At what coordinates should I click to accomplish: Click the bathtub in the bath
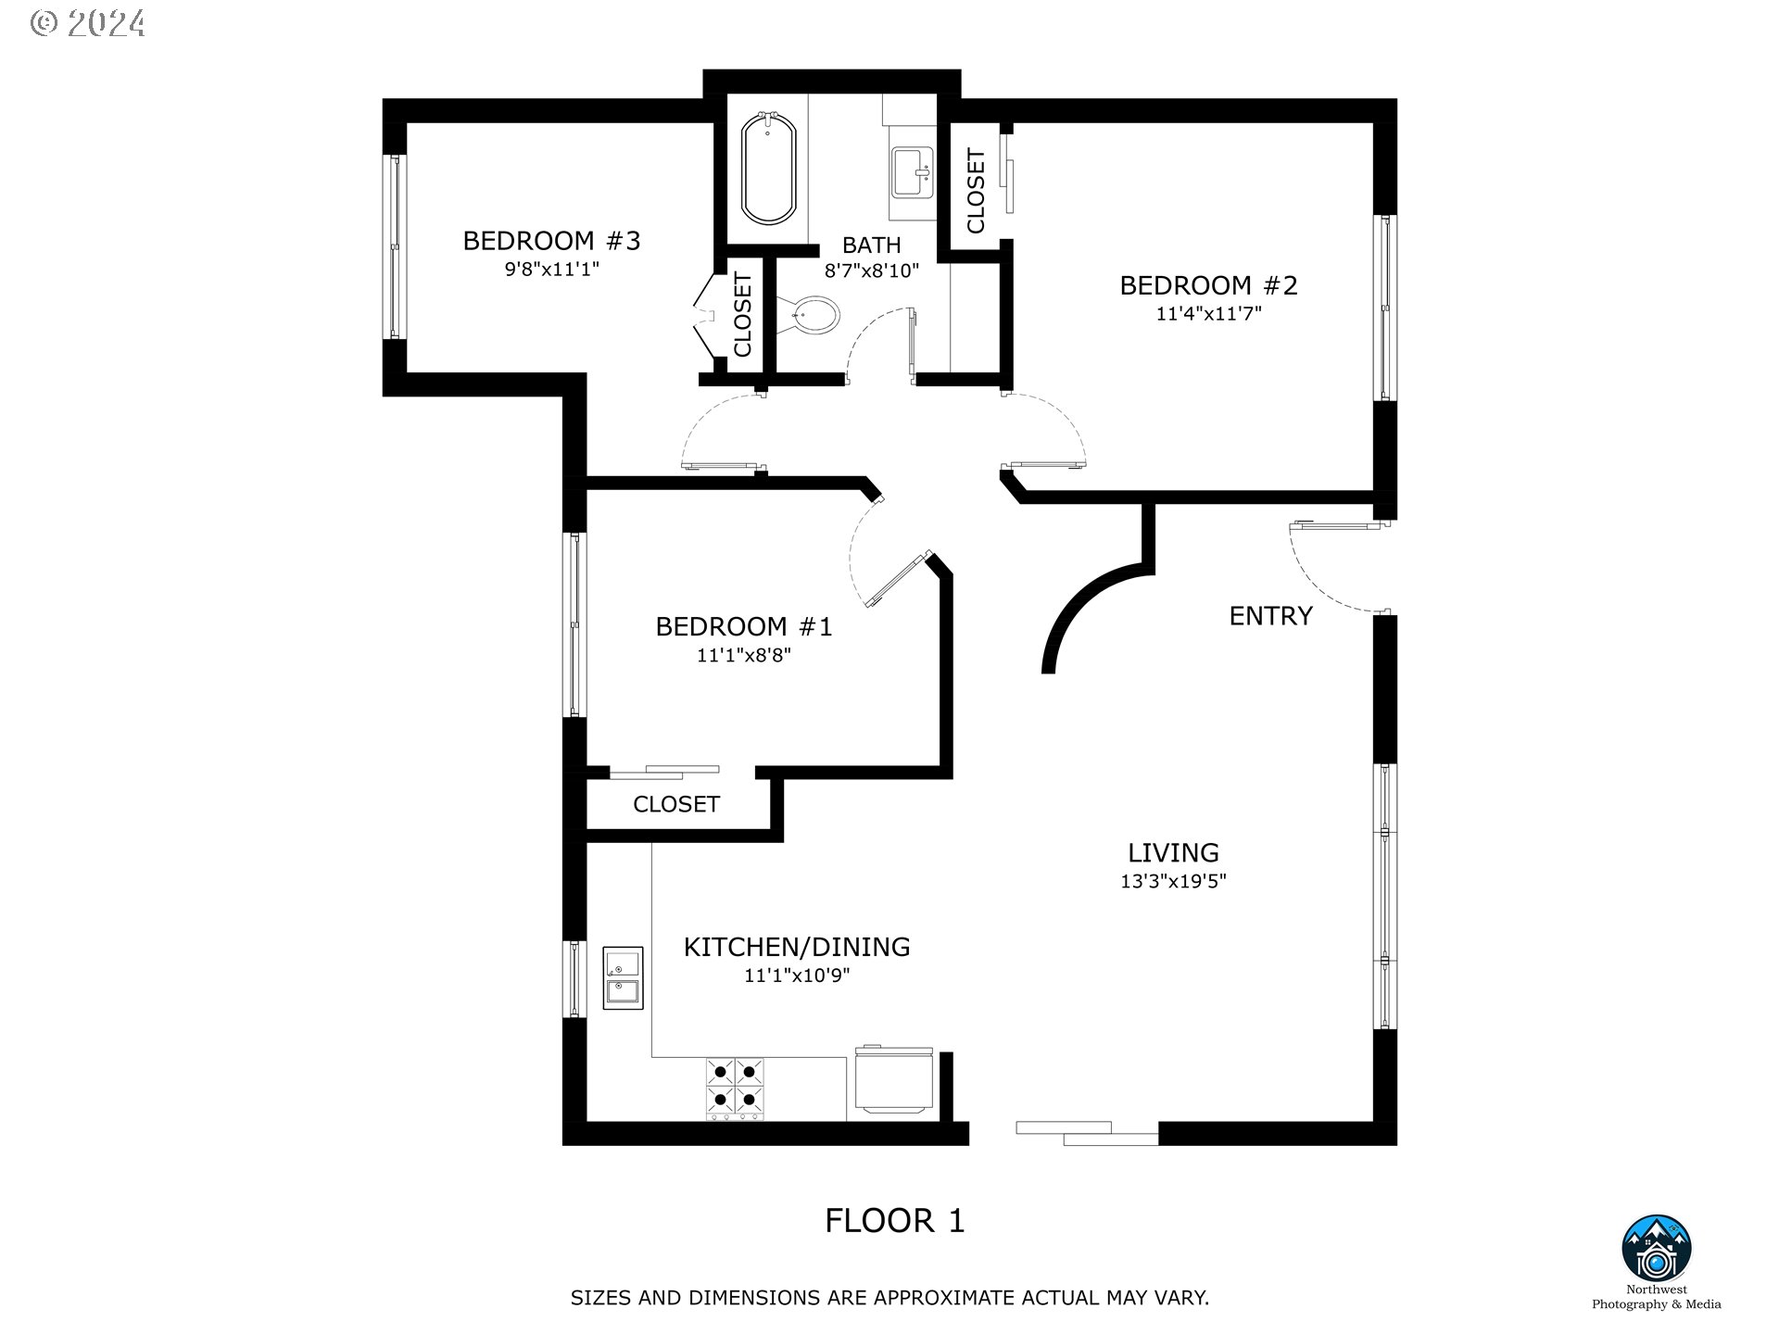[768, 168]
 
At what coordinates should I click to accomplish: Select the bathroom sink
[915, 172]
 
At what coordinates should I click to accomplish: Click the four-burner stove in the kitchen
[736, 1089]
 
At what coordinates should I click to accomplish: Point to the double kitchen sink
[623, 977]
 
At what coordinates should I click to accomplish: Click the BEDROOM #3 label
[551, 241]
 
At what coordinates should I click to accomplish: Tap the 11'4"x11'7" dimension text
[1208, 313]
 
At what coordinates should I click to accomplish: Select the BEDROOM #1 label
[744, 627]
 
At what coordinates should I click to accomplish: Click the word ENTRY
[1270, 616]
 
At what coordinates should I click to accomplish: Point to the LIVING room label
[1173, 852]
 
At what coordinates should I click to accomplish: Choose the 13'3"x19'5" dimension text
[1173, 881]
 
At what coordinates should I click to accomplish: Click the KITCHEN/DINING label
[797, 947]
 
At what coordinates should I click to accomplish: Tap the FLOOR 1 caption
[895, 1221]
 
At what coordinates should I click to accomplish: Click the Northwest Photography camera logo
[1657, 1250]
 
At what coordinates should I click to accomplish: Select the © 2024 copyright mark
[88, 22]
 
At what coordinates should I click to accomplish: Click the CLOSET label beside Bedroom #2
[976, 191]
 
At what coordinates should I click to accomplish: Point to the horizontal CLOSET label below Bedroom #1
[676, 804]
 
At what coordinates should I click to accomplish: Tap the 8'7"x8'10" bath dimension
[872, 271]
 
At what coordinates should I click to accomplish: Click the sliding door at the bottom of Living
[1087, 1133]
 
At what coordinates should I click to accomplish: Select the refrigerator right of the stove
[893, 1079]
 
